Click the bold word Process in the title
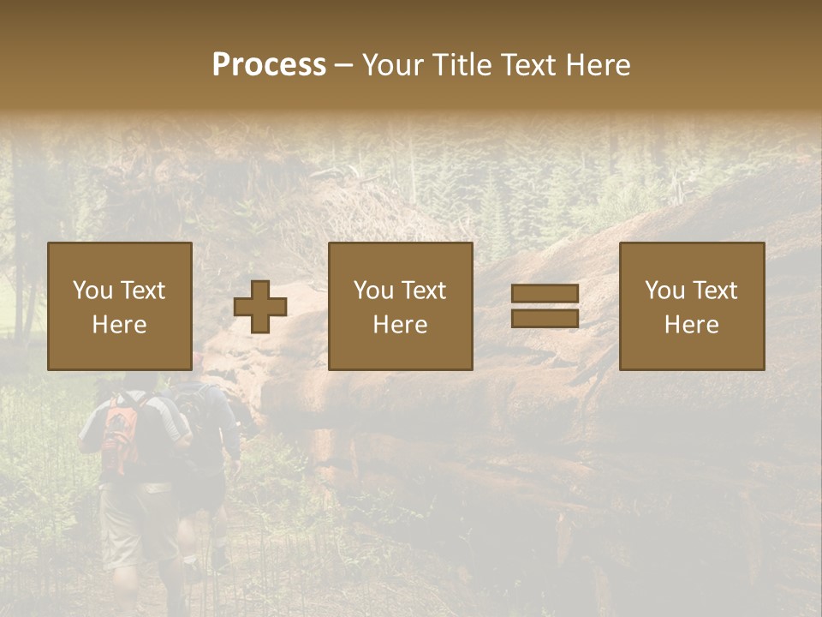click(269, 65)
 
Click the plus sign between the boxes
click(260, 307)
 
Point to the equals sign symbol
click(545, 306)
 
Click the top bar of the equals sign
click(545, 294)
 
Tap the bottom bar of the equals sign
click(545, 318)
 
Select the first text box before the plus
click(120, 306)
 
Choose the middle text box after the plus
click(401, 306)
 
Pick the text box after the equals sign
click(692, 306)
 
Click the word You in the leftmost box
click(92, 291)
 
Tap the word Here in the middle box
click(401, 325)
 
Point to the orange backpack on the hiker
click(120, 433)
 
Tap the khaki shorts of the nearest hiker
click(137, 523)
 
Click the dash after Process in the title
click(344, 65)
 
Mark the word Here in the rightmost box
click(692, 325)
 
